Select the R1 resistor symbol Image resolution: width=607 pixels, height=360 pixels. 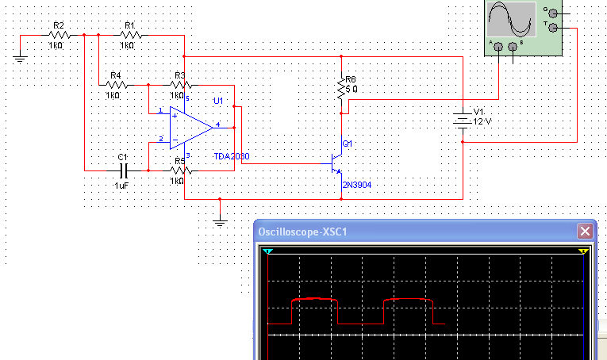(x=129, y=35)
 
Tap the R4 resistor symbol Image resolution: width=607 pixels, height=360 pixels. (x=115, y=85)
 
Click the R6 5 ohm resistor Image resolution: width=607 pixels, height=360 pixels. (x=342, y=93)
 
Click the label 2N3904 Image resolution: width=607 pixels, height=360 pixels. (x=356, y=185)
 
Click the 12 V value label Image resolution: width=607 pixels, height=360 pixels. (x=483, y=121)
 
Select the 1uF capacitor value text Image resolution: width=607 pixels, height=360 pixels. (x=121, y=184)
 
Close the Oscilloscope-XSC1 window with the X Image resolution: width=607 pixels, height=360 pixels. (x=585, y=232)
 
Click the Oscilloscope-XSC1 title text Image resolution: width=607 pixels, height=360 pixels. (x=303, y=232)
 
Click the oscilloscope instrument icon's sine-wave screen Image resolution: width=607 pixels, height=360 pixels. (x=511, y=20)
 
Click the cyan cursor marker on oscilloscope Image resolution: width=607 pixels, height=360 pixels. (x=268, y=251)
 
